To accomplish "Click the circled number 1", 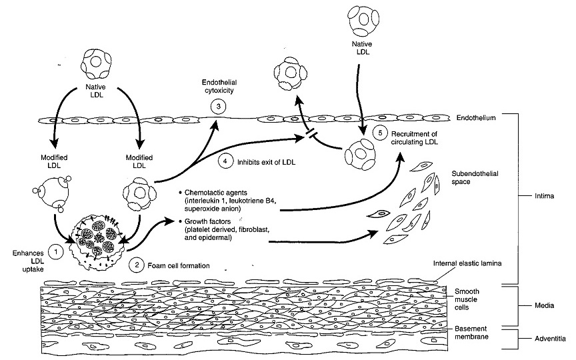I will click(57, 252).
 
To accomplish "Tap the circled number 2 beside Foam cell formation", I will click(137, 265).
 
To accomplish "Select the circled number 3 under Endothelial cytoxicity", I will click(215, 106).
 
